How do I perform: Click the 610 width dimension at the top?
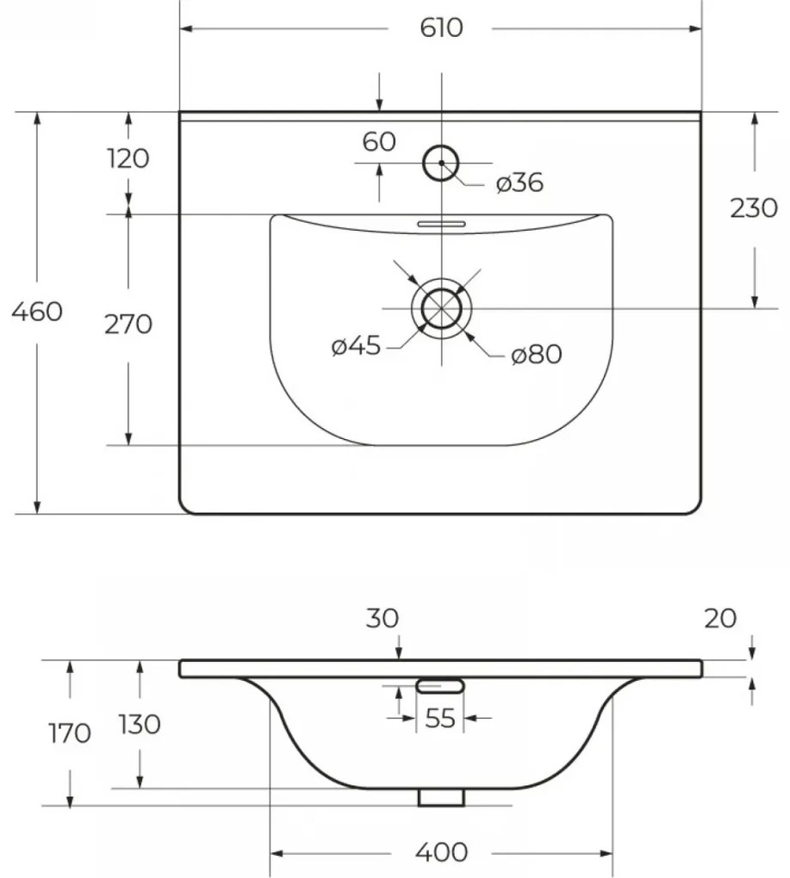441,28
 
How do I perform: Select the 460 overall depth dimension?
37,312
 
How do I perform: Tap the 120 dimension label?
128,158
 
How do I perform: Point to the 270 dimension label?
128,325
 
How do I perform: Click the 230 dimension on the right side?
754,208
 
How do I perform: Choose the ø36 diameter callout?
520,182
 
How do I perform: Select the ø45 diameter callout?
357,346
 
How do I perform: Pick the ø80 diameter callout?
537,355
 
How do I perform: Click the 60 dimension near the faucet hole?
379,142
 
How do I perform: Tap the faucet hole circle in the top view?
441,163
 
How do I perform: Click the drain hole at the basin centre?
441,308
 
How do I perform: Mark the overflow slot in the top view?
441,224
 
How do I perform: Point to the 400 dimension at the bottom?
441,852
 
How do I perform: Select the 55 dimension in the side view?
440,719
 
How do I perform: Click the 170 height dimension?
70,733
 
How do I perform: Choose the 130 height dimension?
140,725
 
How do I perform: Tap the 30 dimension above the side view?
383,618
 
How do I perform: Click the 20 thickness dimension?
720,618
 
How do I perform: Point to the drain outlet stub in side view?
441,797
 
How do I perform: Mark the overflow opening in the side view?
440,686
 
